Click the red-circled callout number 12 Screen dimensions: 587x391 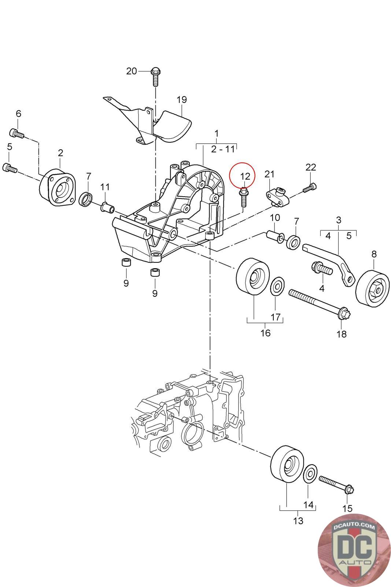click(x=245, y=176)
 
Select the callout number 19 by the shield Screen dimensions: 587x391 click(x=181, y=99)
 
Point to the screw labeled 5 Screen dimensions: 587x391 click(x=10, y=168)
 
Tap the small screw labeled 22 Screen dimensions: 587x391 click(x=310, y=187)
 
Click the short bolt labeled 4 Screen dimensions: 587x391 click(x=321, y=267)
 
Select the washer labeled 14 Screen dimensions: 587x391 click(x=309, y=473)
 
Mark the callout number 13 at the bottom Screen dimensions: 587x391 click(x=298, y=521)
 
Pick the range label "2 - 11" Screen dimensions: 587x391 click(x=222, y=149)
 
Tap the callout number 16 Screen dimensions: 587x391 click(x=265, y=333)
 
